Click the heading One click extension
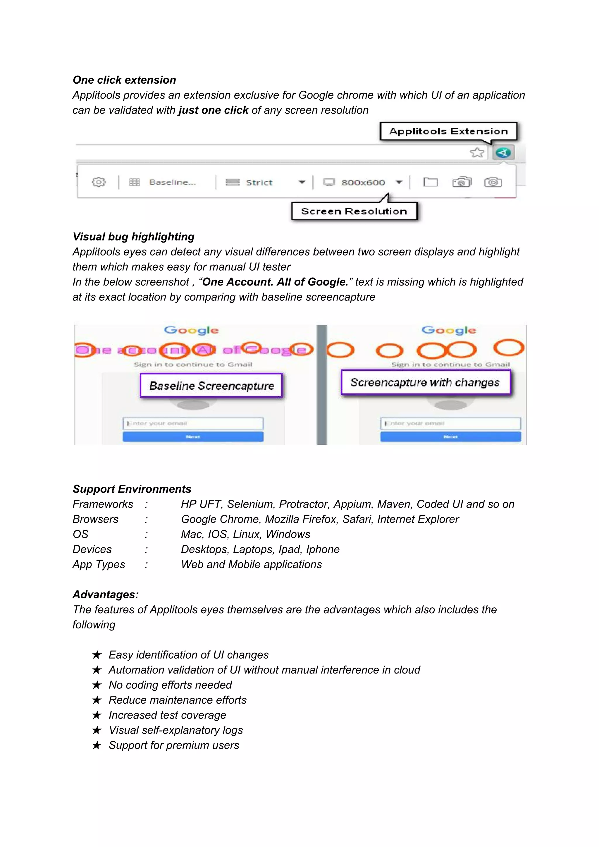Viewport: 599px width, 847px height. click(x=124, y=80)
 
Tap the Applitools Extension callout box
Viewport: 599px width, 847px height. click(x=448, y=131)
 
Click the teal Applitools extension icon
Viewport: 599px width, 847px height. click(x=503, y=152)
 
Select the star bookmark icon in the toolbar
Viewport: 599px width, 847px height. click(x=477, y=152)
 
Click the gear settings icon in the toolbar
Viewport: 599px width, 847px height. click(x=99, y=182)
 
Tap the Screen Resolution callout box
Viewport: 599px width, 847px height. click(x=354, y=211)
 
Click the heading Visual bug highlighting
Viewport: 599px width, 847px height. click(x=134, y=237)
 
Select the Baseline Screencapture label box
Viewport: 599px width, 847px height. click(x=211, y=386)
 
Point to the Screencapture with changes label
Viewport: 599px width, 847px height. click(x=425, y=383)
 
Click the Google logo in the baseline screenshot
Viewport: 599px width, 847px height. click(x=191, y=330)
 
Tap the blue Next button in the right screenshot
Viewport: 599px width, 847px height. click(x=450, y=437)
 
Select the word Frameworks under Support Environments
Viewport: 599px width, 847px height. click(x=103, y=504)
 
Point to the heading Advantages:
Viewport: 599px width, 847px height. click(x=106, y=595)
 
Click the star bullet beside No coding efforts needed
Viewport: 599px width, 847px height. click(x=97, y=685)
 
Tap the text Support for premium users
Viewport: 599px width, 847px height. click(x=174, y=745)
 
